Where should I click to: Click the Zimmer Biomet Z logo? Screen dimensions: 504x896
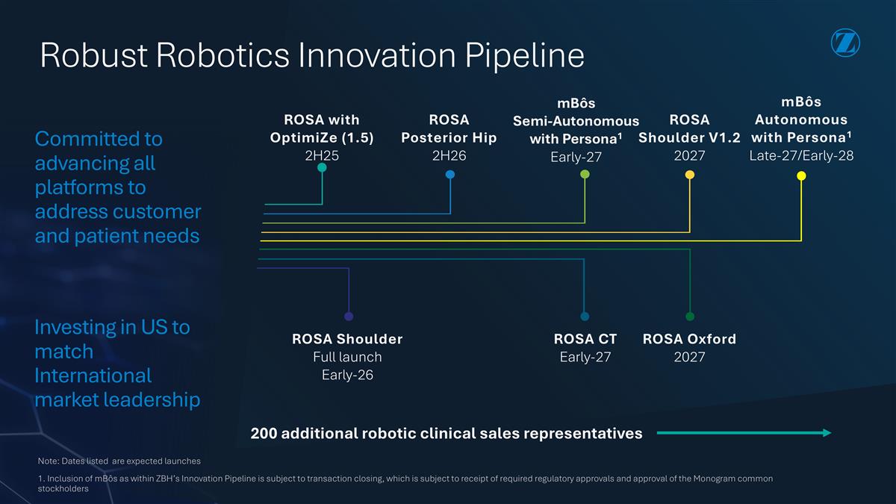pos(844,43)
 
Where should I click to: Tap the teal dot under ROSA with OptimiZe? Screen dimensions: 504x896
pos(322,168)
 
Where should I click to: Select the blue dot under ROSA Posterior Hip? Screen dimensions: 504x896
pos(450,175)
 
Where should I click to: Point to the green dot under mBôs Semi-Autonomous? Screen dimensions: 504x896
pos(585,175)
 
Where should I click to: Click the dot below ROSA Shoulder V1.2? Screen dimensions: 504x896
pos(690,175)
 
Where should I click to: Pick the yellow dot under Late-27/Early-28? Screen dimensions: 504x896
pos(801,176)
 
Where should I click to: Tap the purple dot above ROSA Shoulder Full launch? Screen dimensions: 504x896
pos(349,317)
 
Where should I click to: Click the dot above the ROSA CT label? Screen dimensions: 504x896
pos(585,317)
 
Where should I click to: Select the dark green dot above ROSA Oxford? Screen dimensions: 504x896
pos(690,317)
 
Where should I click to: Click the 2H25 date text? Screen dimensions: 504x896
pos(321,155)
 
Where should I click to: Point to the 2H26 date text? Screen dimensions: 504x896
pos(449,155)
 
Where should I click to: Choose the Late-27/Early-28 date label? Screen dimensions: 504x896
pos(800,155)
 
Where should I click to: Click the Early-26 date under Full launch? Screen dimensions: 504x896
pos(347,375)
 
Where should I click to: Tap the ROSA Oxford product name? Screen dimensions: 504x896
pos(689,339)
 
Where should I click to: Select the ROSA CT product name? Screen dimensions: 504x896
pos(585,339)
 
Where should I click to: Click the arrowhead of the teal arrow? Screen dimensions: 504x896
pos(827,433)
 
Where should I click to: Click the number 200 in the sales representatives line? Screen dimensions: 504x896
pos(264,434)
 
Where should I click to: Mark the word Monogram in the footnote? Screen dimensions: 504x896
pos(706,479)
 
